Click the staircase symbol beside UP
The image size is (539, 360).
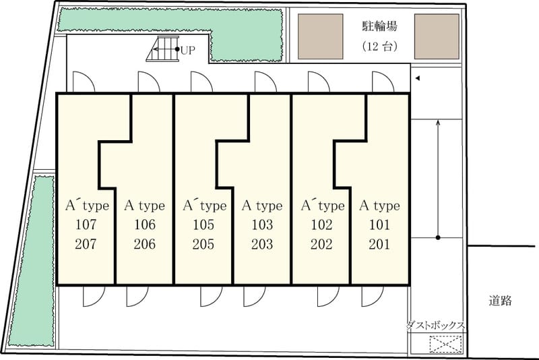163,49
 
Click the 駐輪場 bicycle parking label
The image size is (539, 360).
379,26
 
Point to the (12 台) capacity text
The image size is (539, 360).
380,46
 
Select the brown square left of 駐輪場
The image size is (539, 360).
321,36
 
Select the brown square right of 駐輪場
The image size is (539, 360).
437,36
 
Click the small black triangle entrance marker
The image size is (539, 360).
418,78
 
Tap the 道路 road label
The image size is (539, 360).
500,301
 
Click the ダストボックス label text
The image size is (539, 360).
435,325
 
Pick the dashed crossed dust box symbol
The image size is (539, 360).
445,344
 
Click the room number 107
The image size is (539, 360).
86,225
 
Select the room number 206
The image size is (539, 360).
145,244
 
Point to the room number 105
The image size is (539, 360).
203,225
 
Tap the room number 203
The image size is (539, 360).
262,244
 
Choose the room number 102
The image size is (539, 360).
321,225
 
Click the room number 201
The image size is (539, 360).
379,244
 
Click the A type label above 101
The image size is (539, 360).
379,206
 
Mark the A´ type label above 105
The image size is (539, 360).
205,206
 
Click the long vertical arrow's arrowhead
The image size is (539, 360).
438,123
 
